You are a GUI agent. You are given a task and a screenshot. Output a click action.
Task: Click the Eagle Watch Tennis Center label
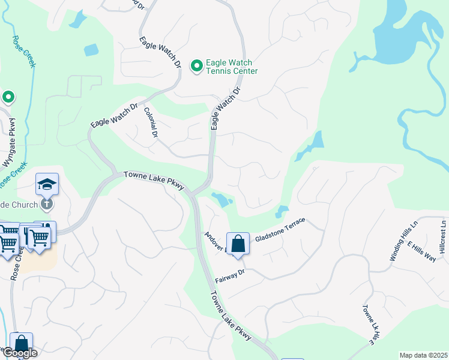pos(232,67)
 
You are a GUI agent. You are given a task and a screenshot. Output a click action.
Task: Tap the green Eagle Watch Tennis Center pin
pos(196,65)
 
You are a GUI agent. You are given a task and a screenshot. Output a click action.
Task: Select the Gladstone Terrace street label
pos(280,230)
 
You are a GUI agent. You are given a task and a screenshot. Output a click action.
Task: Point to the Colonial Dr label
pos(150,123)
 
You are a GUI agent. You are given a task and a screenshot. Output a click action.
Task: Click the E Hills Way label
pos(421,250)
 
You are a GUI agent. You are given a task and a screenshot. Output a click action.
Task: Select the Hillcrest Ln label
pos(442,236)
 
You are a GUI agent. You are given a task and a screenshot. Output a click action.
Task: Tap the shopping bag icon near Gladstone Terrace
pos(238,244)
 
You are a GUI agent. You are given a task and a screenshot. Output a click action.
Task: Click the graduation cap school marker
pos(46,185)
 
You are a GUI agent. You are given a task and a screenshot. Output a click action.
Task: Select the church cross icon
pos(47,204)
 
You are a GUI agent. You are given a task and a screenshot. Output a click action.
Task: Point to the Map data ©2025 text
pos(423,355)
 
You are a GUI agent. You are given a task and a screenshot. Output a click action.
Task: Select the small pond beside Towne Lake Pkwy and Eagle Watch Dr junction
pos(221,200)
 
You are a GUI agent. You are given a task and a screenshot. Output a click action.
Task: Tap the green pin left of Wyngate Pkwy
pos(8,97)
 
